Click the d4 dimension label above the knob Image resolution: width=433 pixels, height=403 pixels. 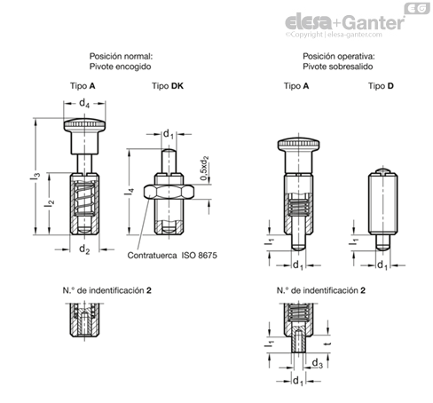coord(84,103)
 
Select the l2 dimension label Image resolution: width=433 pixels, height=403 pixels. coord(50,203)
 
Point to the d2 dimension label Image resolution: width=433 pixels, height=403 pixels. coord(84,249)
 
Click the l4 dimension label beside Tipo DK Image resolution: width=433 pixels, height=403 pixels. coord(130,192)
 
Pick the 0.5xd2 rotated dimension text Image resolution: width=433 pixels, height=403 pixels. coord(204,168)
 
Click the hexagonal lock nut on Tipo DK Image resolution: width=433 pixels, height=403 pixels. coord(169,192)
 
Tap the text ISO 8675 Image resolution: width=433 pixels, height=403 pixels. coord(199,255)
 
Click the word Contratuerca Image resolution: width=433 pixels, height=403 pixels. coord(152,256)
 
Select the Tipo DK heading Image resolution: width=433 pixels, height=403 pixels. coord(168,86)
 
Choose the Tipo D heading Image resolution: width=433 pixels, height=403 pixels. coord(381,86)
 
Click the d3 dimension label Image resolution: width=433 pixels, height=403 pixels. coord(318,363)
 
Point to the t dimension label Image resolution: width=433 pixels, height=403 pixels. coord(328,344)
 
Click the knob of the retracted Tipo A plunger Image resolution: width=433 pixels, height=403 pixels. coord(84,124)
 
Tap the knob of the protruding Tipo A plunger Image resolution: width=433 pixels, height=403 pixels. coord(298,144)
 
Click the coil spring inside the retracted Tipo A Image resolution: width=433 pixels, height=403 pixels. coord(84,199)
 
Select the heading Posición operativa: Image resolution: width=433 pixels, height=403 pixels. coord(339,56)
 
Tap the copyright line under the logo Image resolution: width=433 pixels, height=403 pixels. coord(334,35)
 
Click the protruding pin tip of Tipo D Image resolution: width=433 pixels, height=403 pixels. coord(383,242)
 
